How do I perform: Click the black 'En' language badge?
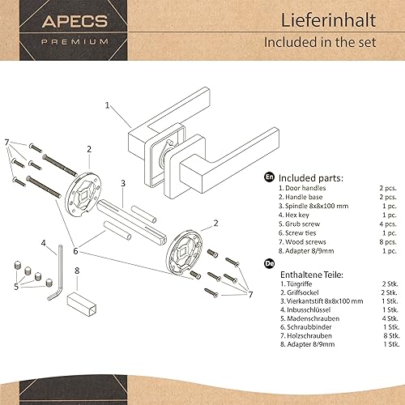click(x=269, y=176)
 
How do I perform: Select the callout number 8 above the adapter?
click(x=76, y=271)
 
